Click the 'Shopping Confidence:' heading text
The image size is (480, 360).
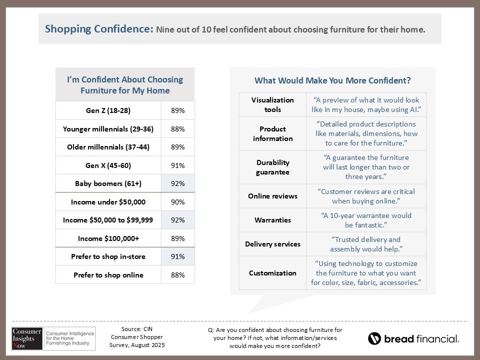pyautogui.click(x=98, y=29)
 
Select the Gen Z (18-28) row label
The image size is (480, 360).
pyautogui.click(x=108, y=110)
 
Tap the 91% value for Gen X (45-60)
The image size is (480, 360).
pyautogui.click(x=178, y=165)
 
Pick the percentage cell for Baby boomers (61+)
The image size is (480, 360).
pyautogui.click(x=178, y=183)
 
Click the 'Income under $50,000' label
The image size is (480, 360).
pyautogui.click(x=108, y=202)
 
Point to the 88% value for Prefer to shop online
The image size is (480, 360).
pyautogui.click(x=178, y=275)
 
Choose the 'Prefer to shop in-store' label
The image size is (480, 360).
pyautogui.click(x=108, y=256)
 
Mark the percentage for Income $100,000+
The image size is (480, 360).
pyautogui.click(x=178, y=238)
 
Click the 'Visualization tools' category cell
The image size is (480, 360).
pyautogui.click(x=272, y=104)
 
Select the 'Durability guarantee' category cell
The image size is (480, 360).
pyautogui.click(x=272, y=167)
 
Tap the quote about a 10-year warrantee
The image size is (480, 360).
pyautogui.click(x=366, y=220)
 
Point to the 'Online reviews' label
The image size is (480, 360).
pyautogui.click(x=272, y=196)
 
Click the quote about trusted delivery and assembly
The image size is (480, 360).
pyautogui.click(x=366, y=244)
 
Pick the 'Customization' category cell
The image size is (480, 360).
pyautogui.click(x=272, y=273)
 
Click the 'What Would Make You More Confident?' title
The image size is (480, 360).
pyautogui.click(x=332, y=80)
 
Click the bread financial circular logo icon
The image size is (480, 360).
pyautogui.click(x=374, y=338)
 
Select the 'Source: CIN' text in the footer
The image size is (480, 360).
pyautogui.click(x=136, y=329)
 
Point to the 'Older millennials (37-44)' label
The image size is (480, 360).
pyautogui.click(x=108, y=147)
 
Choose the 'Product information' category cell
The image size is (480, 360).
pyautogui.click(x=272, y=133)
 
